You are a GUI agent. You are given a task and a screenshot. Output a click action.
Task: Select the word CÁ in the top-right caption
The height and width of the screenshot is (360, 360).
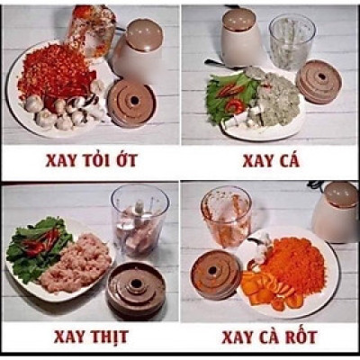coord(286,162)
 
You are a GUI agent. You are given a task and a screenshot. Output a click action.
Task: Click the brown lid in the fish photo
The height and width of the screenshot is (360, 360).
coord(318,81)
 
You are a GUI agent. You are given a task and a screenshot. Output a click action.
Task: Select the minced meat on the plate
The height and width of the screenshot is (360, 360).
coord(75,261)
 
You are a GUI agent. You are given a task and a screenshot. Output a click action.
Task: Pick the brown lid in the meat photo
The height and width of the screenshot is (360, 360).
coord(135,288)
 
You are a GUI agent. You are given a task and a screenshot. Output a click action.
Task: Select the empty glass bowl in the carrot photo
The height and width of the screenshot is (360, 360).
coord(226,216)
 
